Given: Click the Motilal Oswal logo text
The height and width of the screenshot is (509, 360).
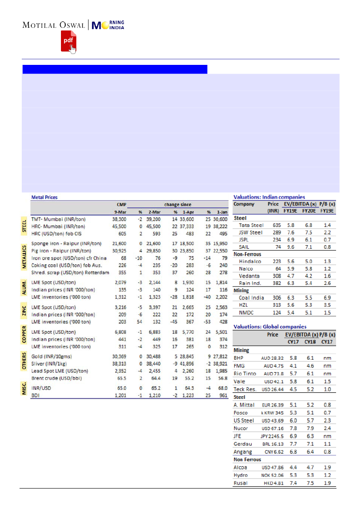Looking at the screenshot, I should point(54,25).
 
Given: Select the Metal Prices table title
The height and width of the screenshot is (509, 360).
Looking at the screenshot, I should point(44,197).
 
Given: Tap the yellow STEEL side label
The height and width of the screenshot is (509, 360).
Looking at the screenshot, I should point(25,226).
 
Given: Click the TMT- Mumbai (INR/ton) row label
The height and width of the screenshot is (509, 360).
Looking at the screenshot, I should point(64,219).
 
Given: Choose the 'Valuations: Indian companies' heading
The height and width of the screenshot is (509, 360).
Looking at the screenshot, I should point(269,197).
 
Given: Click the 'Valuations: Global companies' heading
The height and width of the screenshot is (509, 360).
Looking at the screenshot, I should point(270,327).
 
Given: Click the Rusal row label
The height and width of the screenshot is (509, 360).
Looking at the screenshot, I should point(241,483).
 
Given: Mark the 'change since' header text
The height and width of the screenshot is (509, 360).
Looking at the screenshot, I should point(178,204).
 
